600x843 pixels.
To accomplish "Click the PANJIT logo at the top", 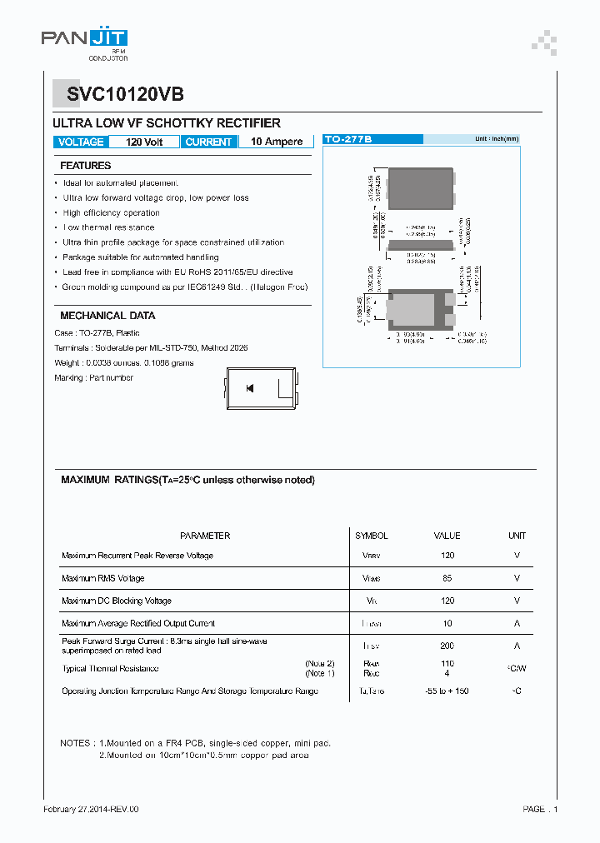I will coord(84,39).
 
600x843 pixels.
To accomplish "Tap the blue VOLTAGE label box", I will coord(81,142).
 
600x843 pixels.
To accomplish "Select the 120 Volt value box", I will coord(144,142).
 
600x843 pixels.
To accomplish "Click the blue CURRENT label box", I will coord(208,142).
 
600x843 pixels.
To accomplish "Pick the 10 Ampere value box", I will coord(277,142).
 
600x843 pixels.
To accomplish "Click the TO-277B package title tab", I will coord(348,139).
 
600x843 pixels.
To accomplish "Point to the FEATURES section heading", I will coord(85,166).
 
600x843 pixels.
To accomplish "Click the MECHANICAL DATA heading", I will coord(107,316).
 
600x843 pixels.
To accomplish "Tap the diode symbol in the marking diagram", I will coord(250,388).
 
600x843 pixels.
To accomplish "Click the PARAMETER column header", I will coord(205,536).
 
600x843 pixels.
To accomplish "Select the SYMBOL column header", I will coord(372,536).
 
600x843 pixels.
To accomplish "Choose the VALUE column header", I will coord(447,536).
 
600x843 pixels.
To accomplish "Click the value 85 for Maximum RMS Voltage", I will coord(447,578).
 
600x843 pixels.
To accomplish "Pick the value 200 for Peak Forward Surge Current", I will coord(447,646).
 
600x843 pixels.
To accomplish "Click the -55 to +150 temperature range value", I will coord(447,691).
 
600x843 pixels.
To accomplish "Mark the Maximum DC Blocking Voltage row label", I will coord(117,601).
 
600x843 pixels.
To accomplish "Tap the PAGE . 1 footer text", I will coord(540,809).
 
